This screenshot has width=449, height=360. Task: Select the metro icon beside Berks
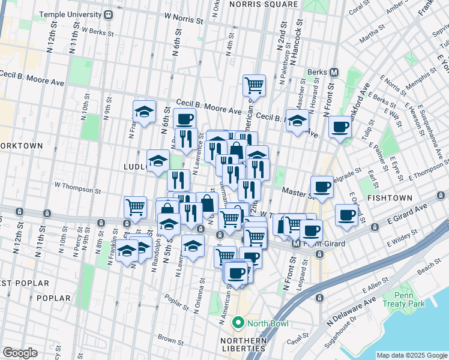tap(334, 72)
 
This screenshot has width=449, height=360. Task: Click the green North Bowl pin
tap(238, 324)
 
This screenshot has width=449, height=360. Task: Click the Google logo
tap(20, 353)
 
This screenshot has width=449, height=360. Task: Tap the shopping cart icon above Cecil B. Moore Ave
tap(254, 85)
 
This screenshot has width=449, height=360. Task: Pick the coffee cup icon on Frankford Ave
tap(340, 127)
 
